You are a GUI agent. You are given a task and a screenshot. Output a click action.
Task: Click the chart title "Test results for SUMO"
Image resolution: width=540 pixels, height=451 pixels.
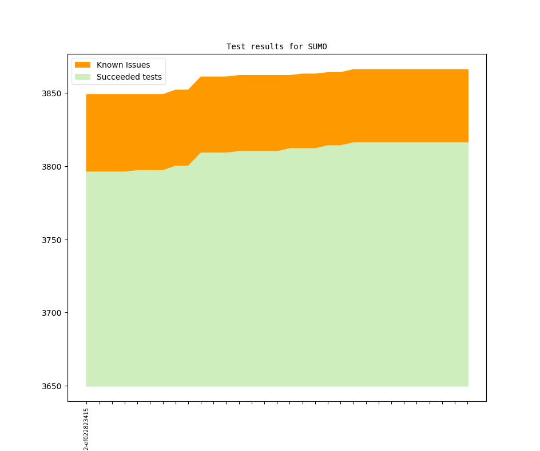(x=277, y=46)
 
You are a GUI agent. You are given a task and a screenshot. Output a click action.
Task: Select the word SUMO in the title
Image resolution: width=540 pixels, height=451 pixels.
(x=317, y=46)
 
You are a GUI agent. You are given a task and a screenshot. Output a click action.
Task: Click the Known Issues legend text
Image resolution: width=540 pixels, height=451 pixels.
(x=123, y=65)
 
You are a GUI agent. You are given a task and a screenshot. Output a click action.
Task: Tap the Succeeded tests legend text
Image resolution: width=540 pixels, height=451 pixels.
(x=129, y=77)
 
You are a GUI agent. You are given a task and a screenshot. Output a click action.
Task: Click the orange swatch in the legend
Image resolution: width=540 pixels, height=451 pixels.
(x=82, y=65)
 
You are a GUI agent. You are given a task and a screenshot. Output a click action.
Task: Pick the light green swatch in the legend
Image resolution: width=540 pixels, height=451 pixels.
(x=82, y=77)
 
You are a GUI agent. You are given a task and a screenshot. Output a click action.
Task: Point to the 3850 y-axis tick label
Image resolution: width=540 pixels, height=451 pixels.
(x=53, y=93)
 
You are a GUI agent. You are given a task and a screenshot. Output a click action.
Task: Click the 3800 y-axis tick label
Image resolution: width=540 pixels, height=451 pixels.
(x=53, y=167)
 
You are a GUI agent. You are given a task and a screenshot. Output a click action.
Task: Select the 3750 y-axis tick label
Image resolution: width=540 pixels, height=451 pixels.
(x=53, y=240)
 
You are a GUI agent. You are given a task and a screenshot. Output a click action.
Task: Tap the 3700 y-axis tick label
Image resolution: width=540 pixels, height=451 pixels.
(x=53, y=313)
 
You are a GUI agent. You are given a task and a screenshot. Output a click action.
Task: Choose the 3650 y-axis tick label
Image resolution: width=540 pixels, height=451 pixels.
(x=53, y=386)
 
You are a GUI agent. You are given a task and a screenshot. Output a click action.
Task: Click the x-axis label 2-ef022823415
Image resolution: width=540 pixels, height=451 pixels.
(x=86, y=429)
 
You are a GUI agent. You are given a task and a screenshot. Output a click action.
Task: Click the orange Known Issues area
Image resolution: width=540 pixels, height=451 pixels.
(x=286, y=109)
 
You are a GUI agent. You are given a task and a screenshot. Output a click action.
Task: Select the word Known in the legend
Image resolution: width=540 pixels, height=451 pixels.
(x=109, y=65)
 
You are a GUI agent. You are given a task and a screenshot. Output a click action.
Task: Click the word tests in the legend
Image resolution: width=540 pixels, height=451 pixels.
(x=151, y=77)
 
